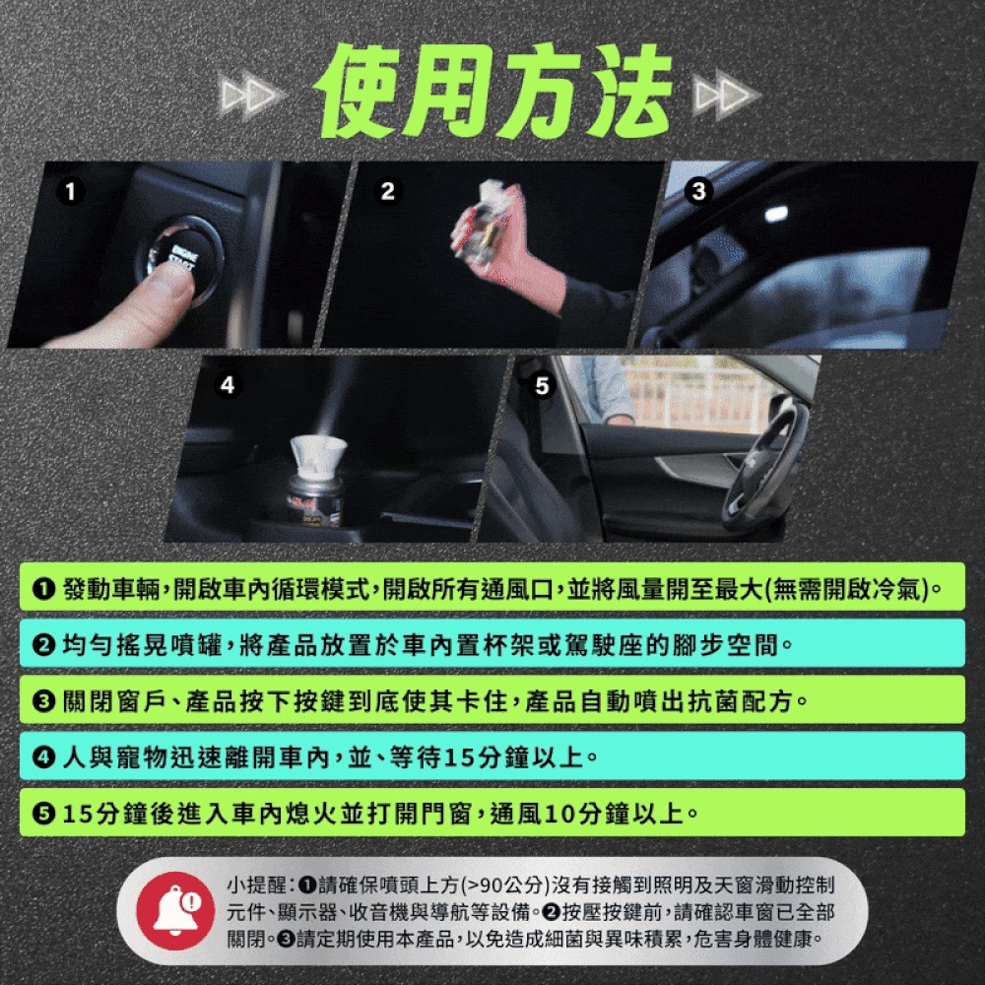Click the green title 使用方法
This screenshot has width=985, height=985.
coord(494,92)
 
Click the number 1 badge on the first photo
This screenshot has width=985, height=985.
coord(70,191)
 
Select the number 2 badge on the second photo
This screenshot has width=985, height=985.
coord(387,191)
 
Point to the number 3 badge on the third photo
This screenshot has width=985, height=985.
coord(698,191)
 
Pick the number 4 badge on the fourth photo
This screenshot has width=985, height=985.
coord(228,384)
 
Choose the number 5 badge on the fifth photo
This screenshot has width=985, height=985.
coord(542,384)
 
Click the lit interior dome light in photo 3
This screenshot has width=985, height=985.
coord(776,214)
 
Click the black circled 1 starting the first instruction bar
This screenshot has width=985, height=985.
coord(43,589)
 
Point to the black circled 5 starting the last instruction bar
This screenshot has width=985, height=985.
coord(43,815)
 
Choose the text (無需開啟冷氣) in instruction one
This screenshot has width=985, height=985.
coord(847,589)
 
